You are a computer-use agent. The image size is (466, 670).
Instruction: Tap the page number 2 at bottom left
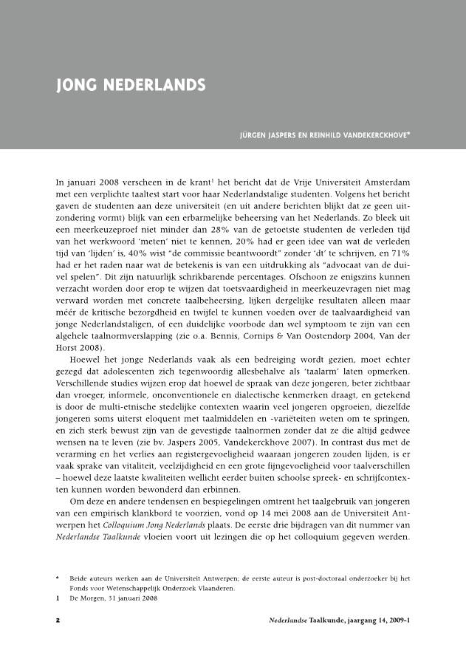(58, 621)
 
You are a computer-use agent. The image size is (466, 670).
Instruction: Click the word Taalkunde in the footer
(329, 621)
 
